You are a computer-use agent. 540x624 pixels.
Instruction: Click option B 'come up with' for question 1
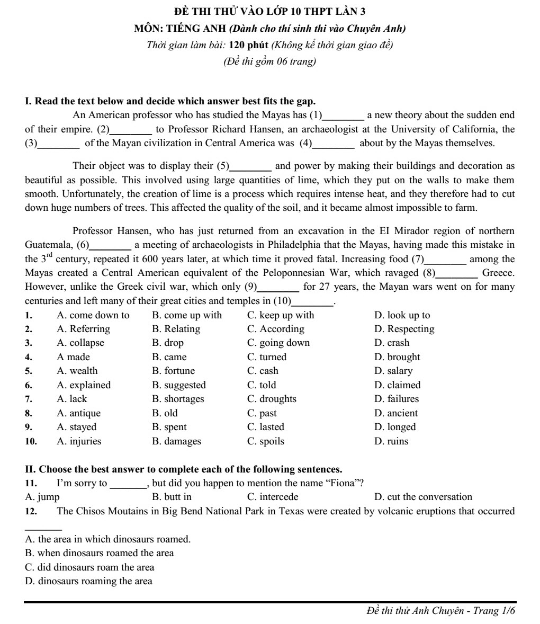(186, 315)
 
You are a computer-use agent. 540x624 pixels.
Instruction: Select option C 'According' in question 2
(276, 329)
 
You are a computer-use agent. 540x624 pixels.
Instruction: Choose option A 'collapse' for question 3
(80, 343)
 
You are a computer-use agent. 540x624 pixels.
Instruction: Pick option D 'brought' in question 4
(397, 357)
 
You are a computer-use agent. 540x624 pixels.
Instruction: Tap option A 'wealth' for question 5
(77, 371)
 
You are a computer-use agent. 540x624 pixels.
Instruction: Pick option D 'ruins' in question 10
(391, 441)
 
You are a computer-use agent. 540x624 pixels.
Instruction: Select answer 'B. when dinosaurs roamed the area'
(100, 553)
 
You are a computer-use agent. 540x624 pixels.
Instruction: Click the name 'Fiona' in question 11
(347, 483)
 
